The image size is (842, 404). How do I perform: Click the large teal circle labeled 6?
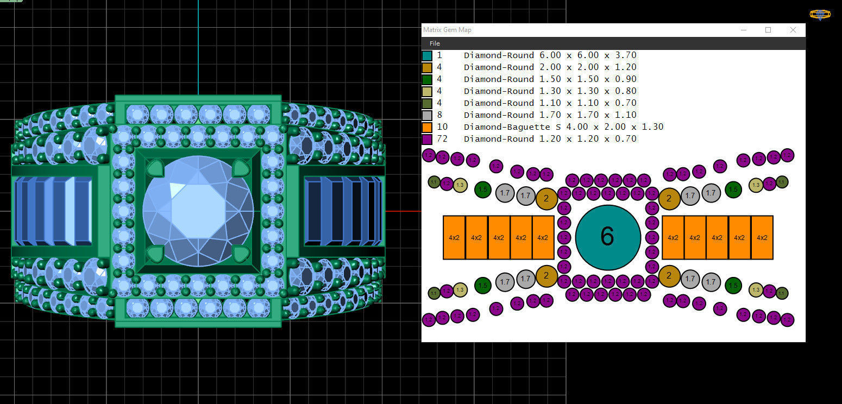[608, 237]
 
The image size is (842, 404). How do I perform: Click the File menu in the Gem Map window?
[435, 43]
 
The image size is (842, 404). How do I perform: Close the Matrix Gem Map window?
[793, 30]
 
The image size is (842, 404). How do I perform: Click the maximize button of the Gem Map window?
[768, 30]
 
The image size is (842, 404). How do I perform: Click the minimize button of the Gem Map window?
[743, 30]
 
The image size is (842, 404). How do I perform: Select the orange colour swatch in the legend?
[427, 127]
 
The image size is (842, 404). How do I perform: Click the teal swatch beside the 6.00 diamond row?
[427, 55]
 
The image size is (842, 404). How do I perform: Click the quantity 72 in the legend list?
[442, 139]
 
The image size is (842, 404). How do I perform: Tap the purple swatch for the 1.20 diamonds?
[427, 139]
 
